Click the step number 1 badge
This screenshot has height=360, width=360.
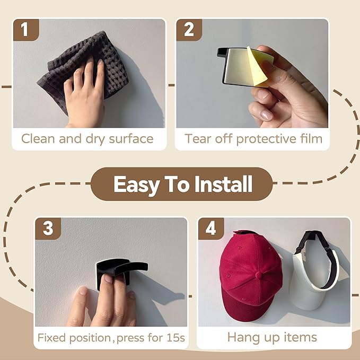(26, 30)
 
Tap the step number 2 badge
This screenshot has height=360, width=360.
(189, 30)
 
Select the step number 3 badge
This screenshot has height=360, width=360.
(48, 229)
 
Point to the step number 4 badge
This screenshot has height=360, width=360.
(211, 229)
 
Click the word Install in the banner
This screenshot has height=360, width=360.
(223, 184)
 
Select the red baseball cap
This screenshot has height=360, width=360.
(250, 276)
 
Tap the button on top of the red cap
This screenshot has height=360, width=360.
(259, 275)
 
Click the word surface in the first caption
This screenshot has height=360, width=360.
(131, 139)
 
